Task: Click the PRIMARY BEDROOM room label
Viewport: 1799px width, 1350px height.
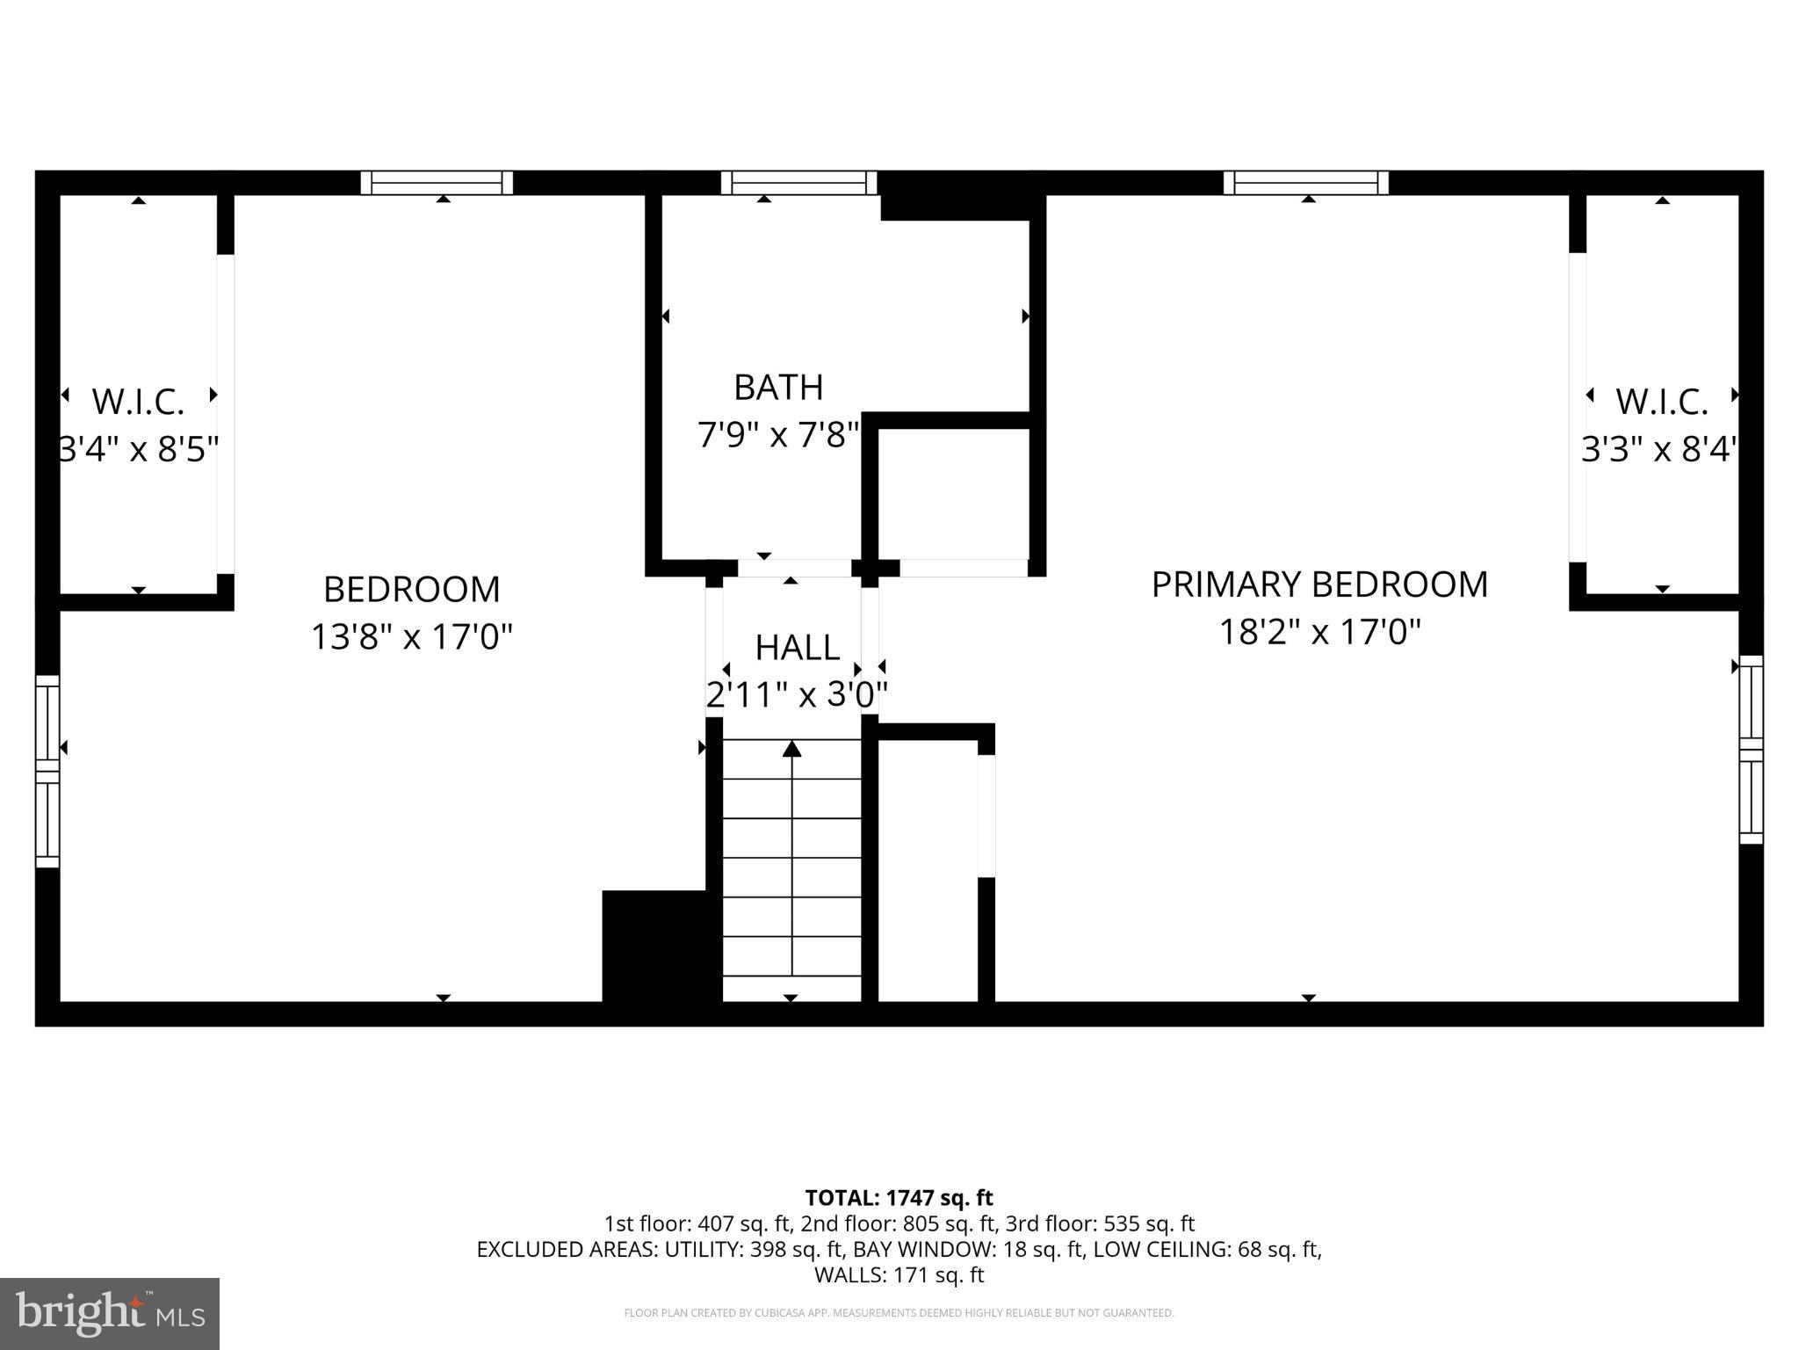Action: [1319, 584]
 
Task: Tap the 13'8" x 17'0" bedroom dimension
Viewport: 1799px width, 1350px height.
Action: [411, 635]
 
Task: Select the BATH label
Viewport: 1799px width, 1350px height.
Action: [778, 387]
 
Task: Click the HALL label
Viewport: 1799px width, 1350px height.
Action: [797, 648]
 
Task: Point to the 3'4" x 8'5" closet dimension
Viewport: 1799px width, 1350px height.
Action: [138, 449]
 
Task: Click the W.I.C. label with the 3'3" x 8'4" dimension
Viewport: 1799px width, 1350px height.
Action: [1661, 402]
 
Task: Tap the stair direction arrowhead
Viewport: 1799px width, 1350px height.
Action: [792, 749]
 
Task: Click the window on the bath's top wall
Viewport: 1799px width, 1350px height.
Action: [798, 183]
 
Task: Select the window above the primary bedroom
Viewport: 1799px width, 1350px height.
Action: [1306, 183]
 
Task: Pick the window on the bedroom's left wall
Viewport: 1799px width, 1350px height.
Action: [47, 771]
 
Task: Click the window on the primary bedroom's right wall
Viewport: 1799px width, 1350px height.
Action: [1751, 750]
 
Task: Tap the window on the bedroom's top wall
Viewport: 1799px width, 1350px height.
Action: [437, 183]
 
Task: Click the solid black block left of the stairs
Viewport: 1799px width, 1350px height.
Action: [654, 946]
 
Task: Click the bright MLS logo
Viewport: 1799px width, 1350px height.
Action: [110, 1313]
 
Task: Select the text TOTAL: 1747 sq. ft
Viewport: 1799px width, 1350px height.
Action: [899, 1198]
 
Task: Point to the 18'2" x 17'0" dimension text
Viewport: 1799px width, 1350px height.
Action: [1319, 632]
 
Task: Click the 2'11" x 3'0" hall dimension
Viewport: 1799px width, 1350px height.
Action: [797, 695]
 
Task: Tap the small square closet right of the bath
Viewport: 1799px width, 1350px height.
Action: [954, 494]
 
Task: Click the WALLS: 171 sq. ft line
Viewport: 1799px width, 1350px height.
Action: [899, 1274]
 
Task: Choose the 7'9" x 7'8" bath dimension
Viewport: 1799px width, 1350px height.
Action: [778, 434]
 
